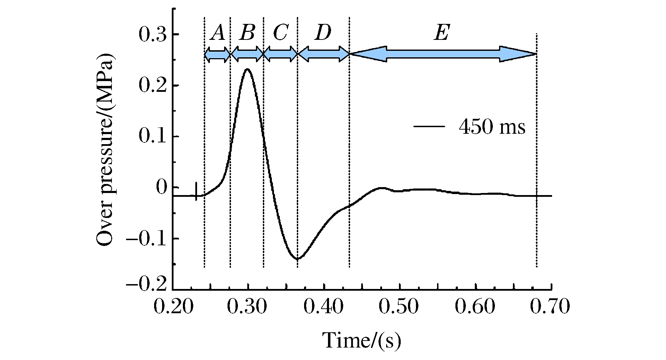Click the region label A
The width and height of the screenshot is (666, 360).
[218, 34]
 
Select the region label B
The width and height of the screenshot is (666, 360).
[248, 34]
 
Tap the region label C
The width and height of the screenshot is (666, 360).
[280, 34]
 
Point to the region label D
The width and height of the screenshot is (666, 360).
[323, 34]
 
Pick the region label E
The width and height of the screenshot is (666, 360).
[442, 34]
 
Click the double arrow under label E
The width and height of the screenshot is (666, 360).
[443, 54]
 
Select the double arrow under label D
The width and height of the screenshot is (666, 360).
[323, 54]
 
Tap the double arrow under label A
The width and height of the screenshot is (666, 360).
[217, 54]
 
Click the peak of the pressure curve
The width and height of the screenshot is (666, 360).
[247, 69]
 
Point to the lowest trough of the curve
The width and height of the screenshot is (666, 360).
[298, 259]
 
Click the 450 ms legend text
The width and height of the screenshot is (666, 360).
[492, 127]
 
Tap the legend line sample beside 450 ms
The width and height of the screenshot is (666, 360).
[429, 126]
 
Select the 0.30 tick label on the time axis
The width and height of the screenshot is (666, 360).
[248, 308]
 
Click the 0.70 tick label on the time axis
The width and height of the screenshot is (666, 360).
[551, 308]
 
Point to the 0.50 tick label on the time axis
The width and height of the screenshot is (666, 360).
[399, 308]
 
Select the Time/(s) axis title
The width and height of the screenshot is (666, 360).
[362, 341]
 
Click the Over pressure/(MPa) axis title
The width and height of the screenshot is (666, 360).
[106, 150]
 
